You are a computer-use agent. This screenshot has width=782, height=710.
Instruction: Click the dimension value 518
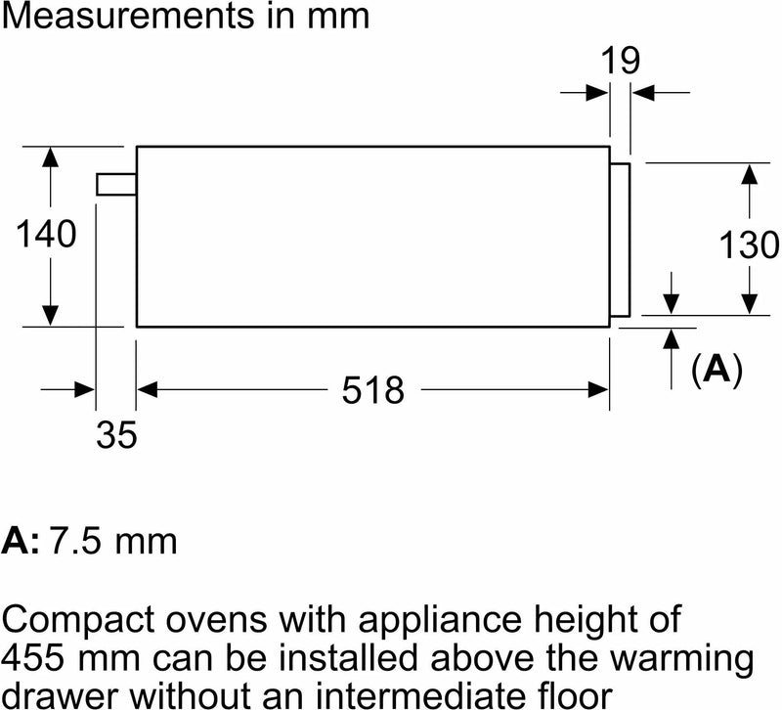[373, 389]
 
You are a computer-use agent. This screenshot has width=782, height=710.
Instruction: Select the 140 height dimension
[46, 234]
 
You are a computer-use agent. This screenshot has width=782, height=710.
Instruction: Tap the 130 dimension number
[749, 244]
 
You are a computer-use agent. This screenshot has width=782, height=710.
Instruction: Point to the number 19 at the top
[621, 61]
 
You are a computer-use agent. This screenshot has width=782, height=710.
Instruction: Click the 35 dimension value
[116, 434]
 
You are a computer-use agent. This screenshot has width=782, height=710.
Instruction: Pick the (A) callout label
[717, 370]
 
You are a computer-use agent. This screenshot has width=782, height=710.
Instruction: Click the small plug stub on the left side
[116, 184]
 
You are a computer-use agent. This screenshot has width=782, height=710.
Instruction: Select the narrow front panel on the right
[620, 240]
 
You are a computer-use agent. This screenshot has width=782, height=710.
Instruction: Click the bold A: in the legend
[21, 541]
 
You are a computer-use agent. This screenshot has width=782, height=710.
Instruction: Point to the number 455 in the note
[33, 657]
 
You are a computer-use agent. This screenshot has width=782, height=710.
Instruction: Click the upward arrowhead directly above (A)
[672, 338]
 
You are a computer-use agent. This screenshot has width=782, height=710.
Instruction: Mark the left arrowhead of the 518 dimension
[148, 389]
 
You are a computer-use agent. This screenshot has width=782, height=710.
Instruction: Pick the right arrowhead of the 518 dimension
[598, 389]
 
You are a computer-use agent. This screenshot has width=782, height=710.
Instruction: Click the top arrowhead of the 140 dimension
[51, 156]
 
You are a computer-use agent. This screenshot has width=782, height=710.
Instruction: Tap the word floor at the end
[580, 695]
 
